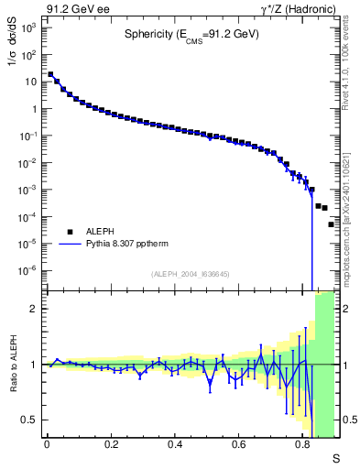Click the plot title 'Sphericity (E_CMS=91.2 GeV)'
[x=191, y=35]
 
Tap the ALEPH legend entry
[x=102, y=233]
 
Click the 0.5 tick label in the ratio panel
[x=32, y=420]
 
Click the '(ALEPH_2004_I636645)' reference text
[x=190, y=275]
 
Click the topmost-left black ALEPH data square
[x=50, y=75]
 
